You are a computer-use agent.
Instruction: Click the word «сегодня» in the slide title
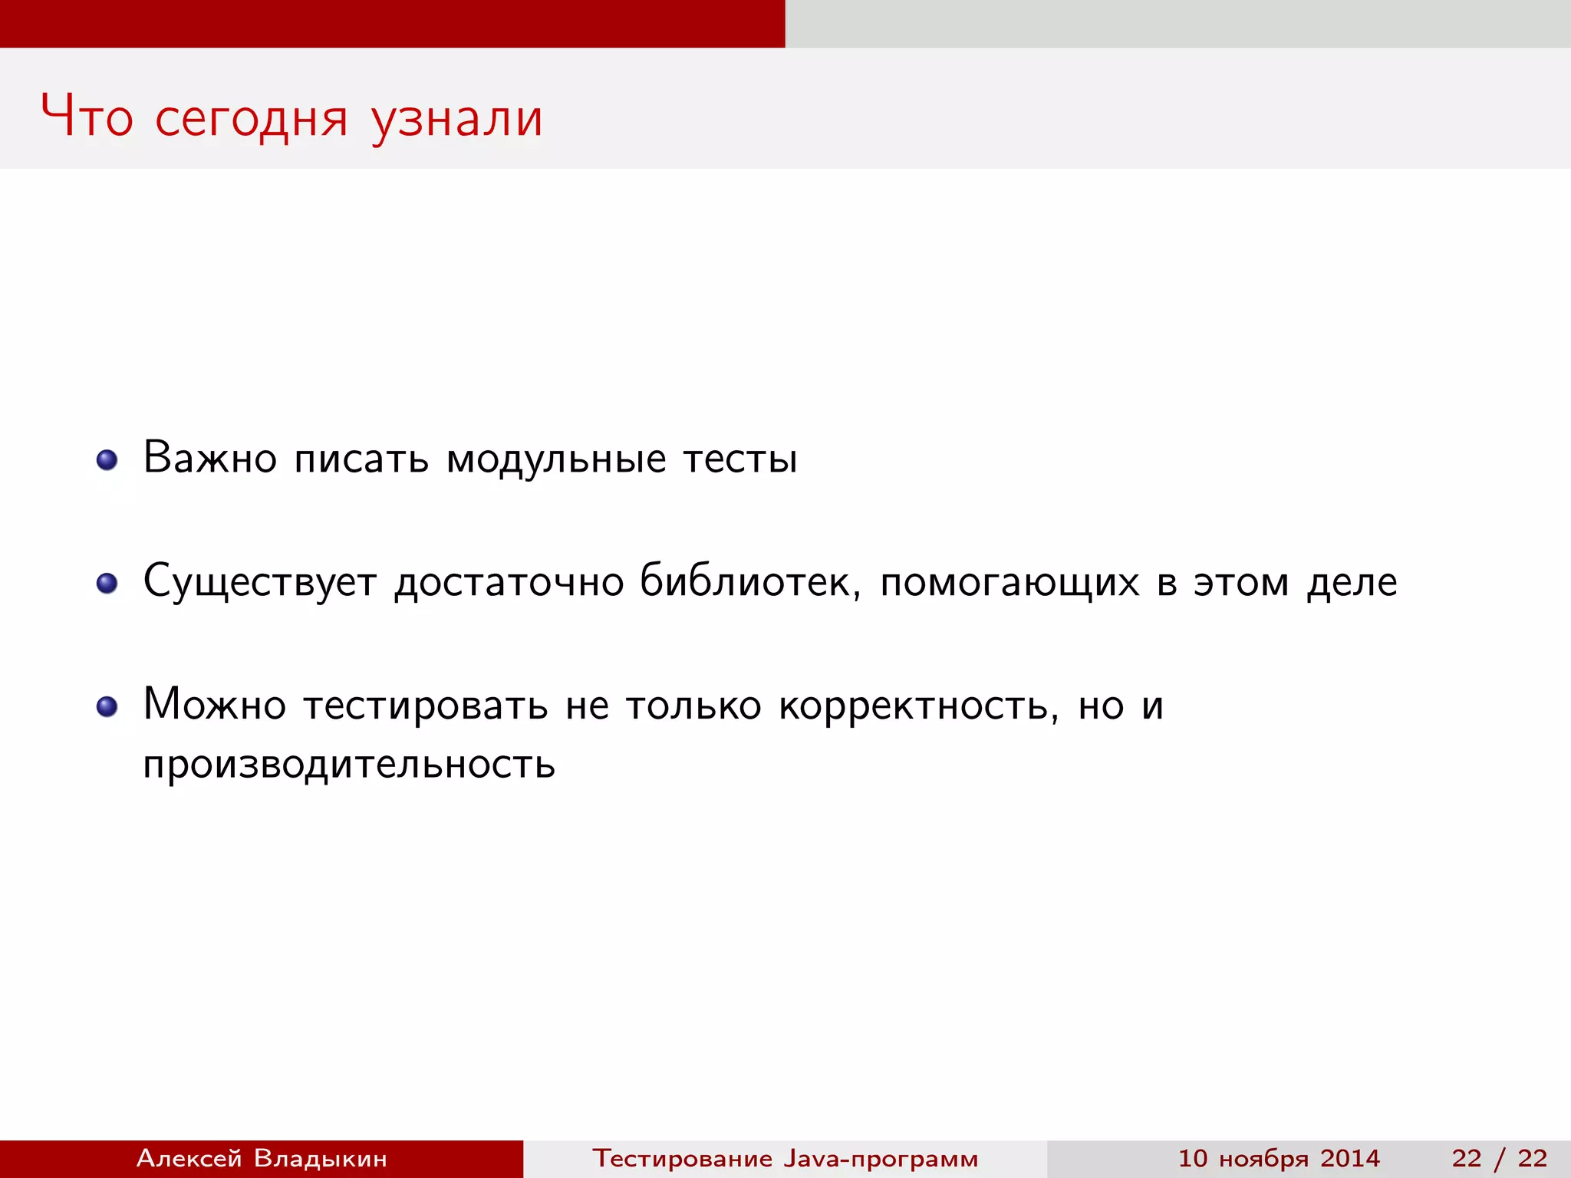click(x=251, y=119)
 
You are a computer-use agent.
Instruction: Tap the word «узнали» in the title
click(x=457, y=119)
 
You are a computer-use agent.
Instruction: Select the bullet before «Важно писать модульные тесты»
click(x=107, y=460)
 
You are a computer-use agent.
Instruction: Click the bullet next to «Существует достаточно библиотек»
click(x=107, y=584)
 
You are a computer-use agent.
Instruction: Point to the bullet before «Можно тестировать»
click(x=107, y=706)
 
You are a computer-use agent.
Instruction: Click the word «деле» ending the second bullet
click(x=1352, y=582)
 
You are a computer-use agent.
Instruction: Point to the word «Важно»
click(x=210, y=459)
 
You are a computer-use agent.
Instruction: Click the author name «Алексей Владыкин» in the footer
click(x=262, y=1158)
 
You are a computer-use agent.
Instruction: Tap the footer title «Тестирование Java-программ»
click(x=785, y=1158)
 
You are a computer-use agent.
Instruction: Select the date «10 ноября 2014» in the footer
click(x=1279, y=1158)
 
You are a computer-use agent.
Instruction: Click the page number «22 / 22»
click(x=1499, y=1158)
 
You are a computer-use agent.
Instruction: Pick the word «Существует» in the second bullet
click(x=260, y=582)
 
